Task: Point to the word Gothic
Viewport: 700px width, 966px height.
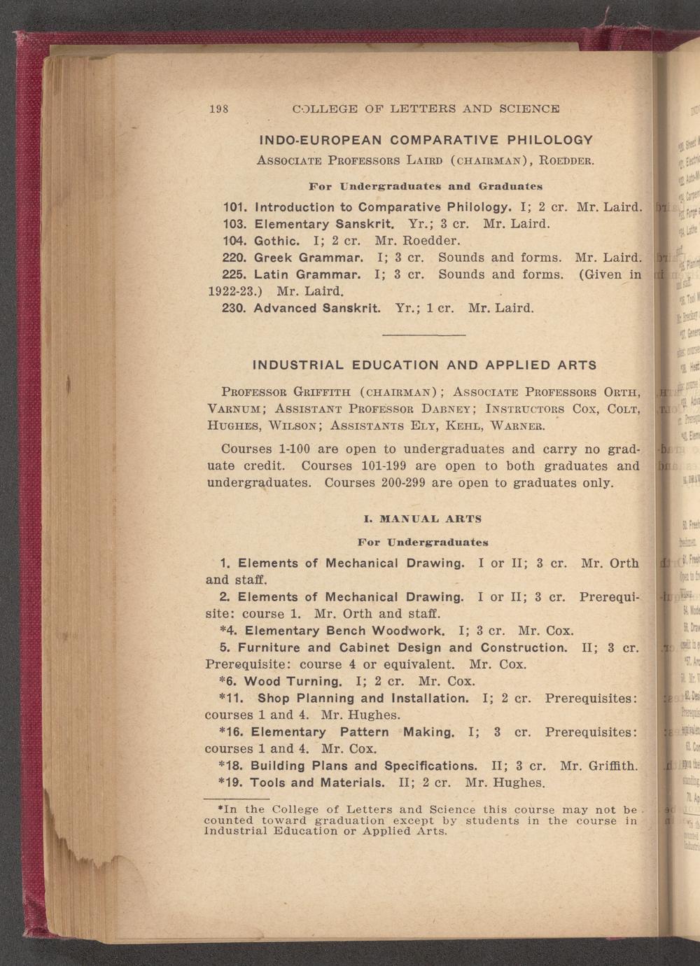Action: [276, 241]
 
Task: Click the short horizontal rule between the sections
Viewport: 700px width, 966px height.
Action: [424, 335]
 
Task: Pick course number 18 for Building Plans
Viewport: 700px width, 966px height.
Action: [234, 765]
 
